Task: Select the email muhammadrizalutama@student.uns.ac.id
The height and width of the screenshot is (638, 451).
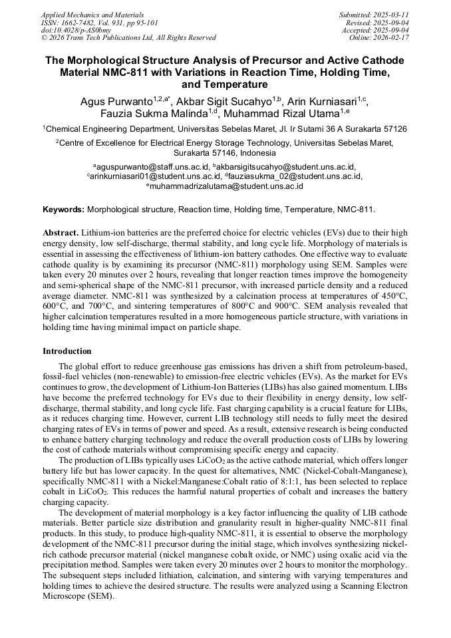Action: (226, 186)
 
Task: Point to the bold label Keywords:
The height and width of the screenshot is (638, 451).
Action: (63, 209)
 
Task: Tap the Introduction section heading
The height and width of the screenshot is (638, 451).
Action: (67, 351)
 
